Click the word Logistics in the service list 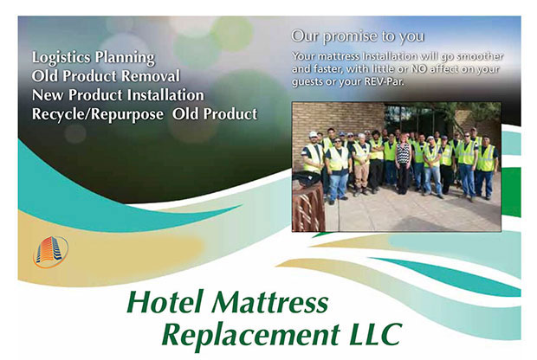[61, 57]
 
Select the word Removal [151, 76]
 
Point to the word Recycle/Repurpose [98, 114]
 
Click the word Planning [125, 58]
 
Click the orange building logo [51, 252]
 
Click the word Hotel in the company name [165, 302]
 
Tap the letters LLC [375, 333]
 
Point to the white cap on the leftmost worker [313, 134]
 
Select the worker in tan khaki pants [361, 164]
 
